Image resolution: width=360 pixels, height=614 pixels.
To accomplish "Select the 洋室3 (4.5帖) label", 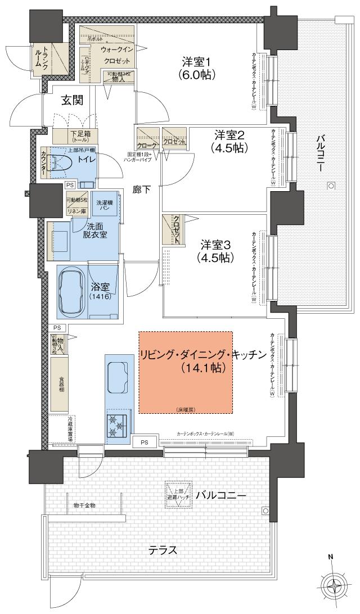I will point(215,251).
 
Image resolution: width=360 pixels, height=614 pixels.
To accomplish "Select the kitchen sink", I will point(117,373).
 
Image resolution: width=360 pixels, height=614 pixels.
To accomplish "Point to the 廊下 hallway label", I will point(142,189).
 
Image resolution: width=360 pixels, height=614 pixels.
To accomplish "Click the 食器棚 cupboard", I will point(62,385).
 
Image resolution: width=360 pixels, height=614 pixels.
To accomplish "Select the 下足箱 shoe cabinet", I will point(75,136).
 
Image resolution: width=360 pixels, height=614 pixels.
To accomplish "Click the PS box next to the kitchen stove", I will point(145,442).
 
